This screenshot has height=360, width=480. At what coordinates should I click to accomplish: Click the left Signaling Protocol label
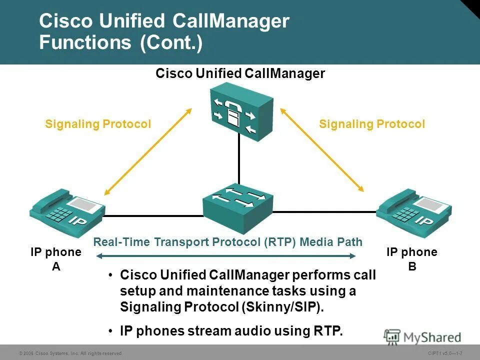coord(98,124)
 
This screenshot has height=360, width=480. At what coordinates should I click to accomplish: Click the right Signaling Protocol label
coord(372,124)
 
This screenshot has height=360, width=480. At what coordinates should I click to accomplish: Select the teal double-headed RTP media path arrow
coord(225,256)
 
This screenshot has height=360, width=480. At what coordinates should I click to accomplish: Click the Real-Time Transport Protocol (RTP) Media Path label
coord(228,242)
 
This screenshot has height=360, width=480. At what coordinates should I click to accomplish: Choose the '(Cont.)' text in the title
coord(172,42)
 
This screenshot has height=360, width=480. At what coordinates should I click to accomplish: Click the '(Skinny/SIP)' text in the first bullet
coord(282,306)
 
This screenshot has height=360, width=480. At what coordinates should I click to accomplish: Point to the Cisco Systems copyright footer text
coord(70,353)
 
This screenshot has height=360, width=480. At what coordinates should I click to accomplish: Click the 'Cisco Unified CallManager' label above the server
coord(240,74)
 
